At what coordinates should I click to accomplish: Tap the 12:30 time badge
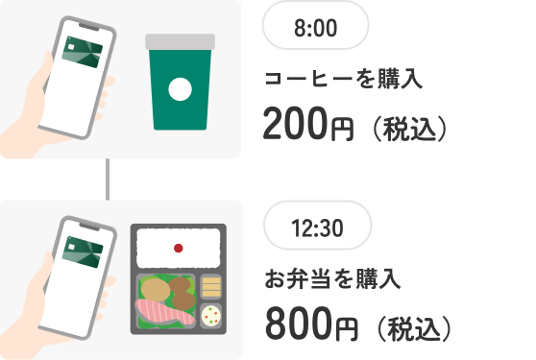click(x=317, y=229)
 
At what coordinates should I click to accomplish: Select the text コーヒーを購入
click(x=344, y=80)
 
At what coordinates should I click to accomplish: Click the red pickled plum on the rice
click(x=178, y=248)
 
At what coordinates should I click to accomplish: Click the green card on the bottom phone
click(x=84, y=252)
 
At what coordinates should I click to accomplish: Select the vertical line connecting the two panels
click(x=109, y=179)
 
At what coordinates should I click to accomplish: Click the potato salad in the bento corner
click(x=212, y=313)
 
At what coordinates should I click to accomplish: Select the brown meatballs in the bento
click(x=181, y=290)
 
